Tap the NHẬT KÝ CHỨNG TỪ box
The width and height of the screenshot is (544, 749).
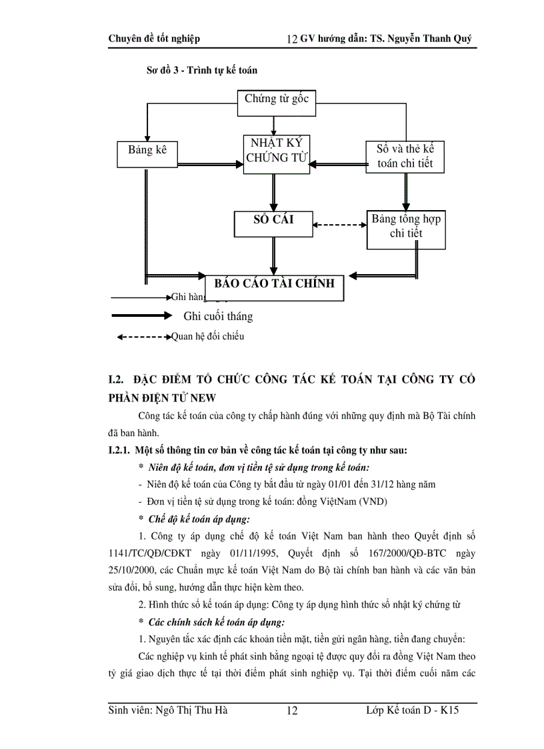click(276, 152)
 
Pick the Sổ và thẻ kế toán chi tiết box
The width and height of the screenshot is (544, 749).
click(405, 156)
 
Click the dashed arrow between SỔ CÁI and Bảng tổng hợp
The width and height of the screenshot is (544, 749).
click(340, 225)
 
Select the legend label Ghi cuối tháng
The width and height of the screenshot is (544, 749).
click(218, 316)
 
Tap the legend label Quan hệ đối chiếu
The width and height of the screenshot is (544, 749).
click(207, 336)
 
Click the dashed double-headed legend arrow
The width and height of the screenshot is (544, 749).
click(143, 337)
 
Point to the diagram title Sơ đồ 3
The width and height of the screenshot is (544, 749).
click(201, 69)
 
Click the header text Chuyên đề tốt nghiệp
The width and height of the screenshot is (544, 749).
click(154, 39)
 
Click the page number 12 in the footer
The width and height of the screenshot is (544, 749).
click(292, 712)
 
